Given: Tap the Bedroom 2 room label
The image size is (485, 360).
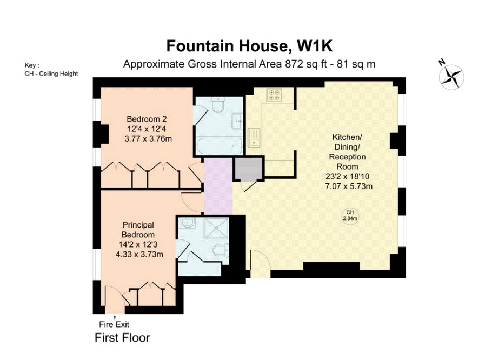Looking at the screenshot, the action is (x=147, y=119).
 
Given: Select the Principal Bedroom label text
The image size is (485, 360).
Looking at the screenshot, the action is (x=138, y=230).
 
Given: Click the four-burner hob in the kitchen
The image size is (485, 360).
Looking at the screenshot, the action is (x=274, y=95).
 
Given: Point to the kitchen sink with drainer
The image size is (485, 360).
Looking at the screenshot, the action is (x=254, y=138).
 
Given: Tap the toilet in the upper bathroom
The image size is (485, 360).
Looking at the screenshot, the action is (x=218, y=105).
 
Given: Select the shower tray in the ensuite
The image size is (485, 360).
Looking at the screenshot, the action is (x=216, y=228).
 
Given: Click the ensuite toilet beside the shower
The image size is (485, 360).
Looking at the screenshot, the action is (x=222, y=250).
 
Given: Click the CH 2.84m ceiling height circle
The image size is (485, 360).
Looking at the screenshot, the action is (x=350, y=215).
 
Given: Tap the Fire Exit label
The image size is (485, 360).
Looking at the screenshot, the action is (x=114, y=324).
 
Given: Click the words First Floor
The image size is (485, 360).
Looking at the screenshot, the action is (x=122, y=338).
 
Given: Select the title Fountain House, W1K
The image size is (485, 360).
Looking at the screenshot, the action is (x=250, y=46).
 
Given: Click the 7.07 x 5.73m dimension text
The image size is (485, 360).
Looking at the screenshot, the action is (x=349, y=186).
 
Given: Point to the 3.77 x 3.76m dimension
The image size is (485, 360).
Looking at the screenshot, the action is (x=148, y=139).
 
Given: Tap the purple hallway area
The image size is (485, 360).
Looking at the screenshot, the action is (x=218, y=186).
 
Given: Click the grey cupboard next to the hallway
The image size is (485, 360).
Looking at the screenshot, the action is (x=248, y=169).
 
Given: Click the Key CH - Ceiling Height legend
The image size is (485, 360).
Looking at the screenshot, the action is (x=51, y=70).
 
